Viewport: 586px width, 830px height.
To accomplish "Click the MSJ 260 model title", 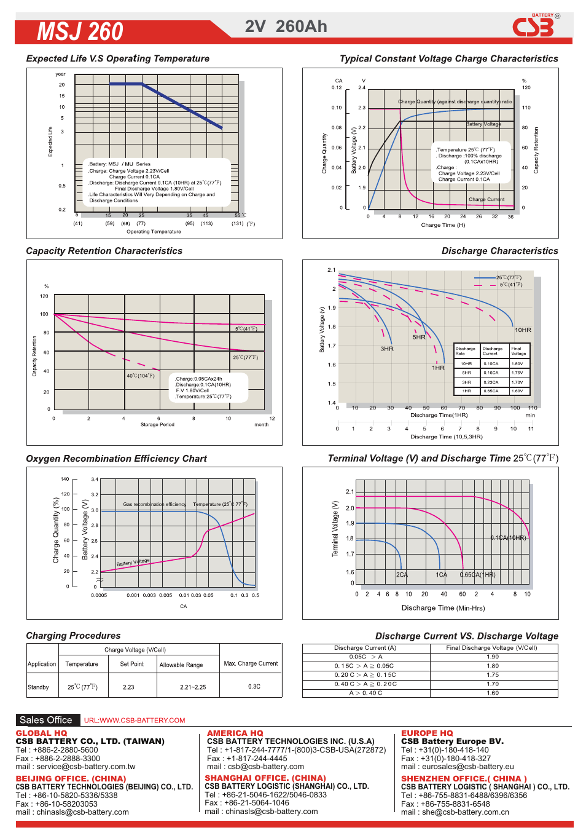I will (80, 31).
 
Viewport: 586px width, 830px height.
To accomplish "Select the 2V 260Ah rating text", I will (286, 26).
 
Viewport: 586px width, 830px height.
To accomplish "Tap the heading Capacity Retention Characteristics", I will (104, 251).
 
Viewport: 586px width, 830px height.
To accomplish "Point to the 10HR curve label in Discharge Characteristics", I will (523, 330).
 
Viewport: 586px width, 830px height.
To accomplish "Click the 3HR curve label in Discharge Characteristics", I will (386, 349).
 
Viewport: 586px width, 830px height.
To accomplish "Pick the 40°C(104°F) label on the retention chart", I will (141, 376).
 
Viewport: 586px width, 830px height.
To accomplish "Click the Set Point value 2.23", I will (128, 687).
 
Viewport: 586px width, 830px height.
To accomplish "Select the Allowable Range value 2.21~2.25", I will (193, 687).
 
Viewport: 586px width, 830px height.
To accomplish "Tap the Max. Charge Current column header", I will (251, 663).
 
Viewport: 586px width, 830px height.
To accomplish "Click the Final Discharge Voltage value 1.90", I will (493, 657).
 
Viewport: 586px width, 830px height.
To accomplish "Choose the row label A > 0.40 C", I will (365, 693).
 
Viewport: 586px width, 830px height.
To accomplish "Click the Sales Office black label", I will (46, 720).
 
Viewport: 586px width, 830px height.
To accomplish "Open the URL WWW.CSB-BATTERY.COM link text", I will (135, 721).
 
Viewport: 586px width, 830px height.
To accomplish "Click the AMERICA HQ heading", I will (235, 733).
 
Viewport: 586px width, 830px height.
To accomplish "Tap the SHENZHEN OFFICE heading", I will (464, 778).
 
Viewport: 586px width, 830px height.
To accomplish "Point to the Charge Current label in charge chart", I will (486, 199).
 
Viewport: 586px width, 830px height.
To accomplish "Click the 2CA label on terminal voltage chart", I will (402, 575).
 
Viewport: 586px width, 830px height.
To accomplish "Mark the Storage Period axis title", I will (157, 424).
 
